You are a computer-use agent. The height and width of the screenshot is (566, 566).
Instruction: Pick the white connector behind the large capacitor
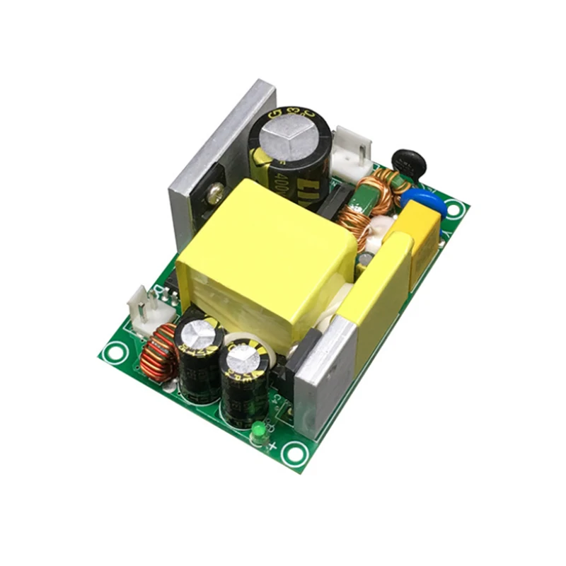(x=352, y=155)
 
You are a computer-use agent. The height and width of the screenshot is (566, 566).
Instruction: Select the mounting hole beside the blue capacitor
(x=453, y=209)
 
